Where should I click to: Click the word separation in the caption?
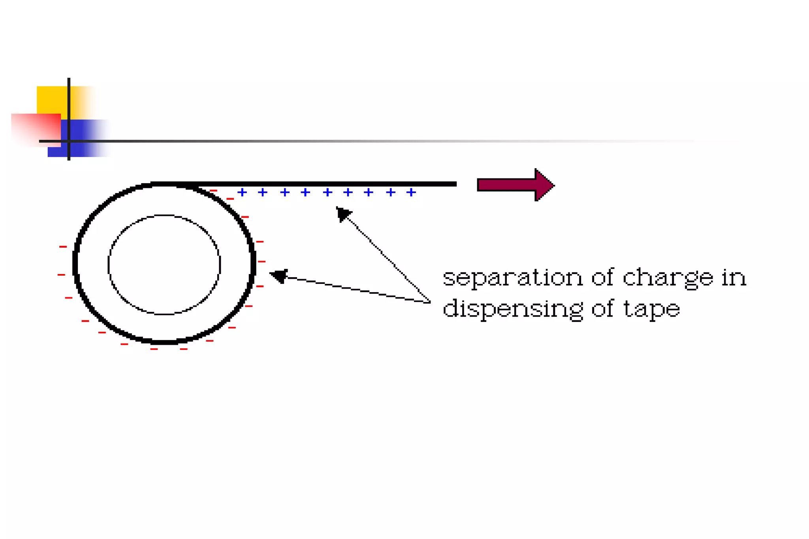pos(512,277)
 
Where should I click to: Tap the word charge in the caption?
pos(668,278)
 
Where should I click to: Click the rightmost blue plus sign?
pos(411,192)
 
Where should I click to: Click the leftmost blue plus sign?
pos(242,192)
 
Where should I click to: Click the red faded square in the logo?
pos(34,128)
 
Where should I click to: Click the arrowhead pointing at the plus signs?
pos(342,214)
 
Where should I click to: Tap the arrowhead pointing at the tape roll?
pos(279,275)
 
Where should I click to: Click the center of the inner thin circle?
pos(164,265)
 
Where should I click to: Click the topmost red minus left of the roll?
pos(63,247)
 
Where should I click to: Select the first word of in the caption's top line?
pos(602,277)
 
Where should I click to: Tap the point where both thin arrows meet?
pos(430,302)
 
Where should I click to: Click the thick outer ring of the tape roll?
pos(75,263)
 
